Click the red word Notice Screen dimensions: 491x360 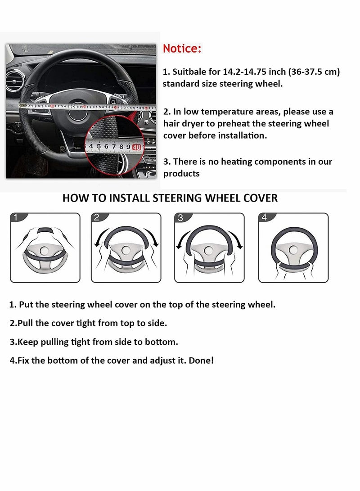[x=182, y=49]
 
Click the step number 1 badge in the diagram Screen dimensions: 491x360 [x=16, y=218]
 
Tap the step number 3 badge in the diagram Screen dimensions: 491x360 [x=180, y=218]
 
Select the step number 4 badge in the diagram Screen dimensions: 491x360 [x=264, y=218]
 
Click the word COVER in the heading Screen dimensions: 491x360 [x=259, y=198]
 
